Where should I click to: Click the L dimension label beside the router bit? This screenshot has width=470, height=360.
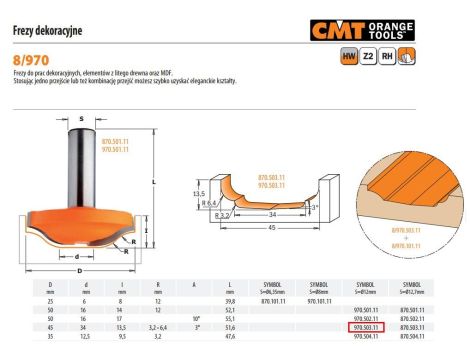point(153,182)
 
